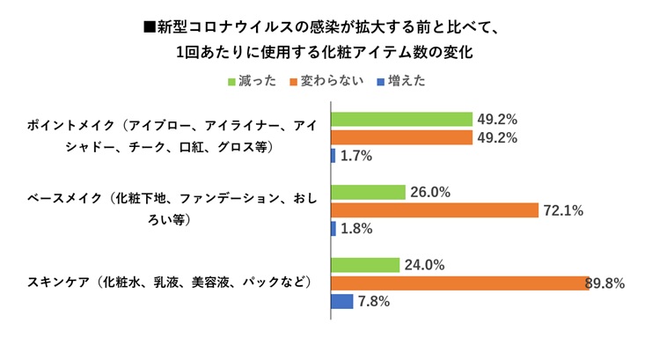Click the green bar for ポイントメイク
pyautogui.click(x=401, y=119)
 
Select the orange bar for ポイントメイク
pyautogui.click(x=401, y=137)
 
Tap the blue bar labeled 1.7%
pyautogui.click(x=333, y=156)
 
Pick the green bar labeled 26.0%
pyautogui.click(x=368, y=192)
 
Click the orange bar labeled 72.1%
pyautogui.click(x=434, y=210)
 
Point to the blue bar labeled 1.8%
pyautogui.click(x=333, y=228)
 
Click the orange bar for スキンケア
pyautogui.click(x=458, y=283)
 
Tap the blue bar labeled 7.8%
pyautogui.click(x=341, y=301)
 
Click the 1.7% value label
pyautogui.click(x=356, y=156)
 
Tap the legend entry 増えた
pyautogui.click(x=406, y=81)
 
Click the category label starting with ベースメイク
pyautogui.click(x=167, y=210)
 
